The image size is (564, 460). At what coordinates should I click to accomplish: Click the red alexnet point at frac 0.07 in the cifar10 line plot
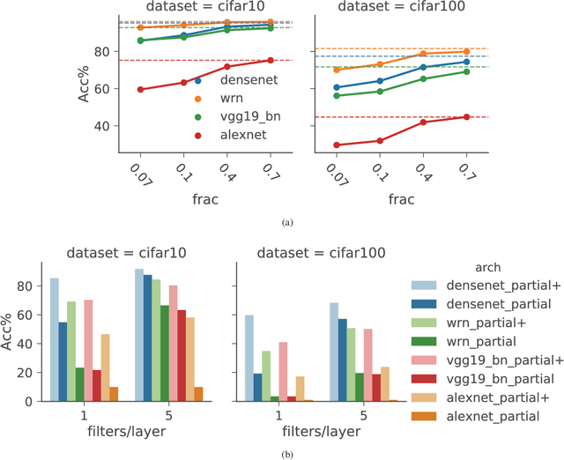click(140, 89)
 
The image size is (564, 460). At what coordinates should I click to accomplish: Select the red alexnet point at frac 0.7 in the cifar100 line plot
click(467, 116)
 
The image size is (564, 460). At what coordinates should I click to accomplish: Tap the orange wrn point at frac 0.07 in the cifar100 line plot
click(337, 70)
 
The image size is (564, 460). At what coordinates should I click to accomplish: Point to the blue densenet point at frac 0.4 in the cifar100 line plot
click(423, 67)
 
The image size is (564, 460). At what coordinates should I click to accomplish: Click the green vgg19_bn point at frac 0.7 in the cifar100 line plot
click(467, 71)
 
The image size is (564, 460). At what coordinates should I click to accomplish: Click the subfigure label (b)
click(282, 453)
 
